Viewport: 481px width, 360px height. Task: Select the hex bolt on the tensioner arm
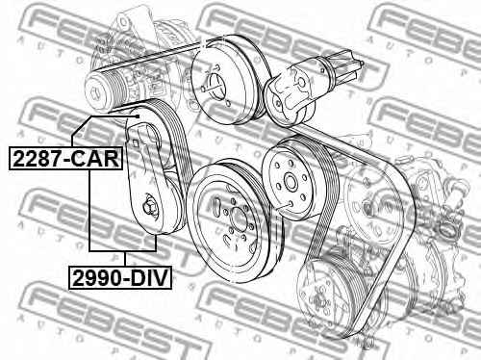[x=149, y=204]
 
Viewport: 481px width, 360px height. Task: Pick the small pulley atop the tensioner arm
[x=147, y=120]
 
